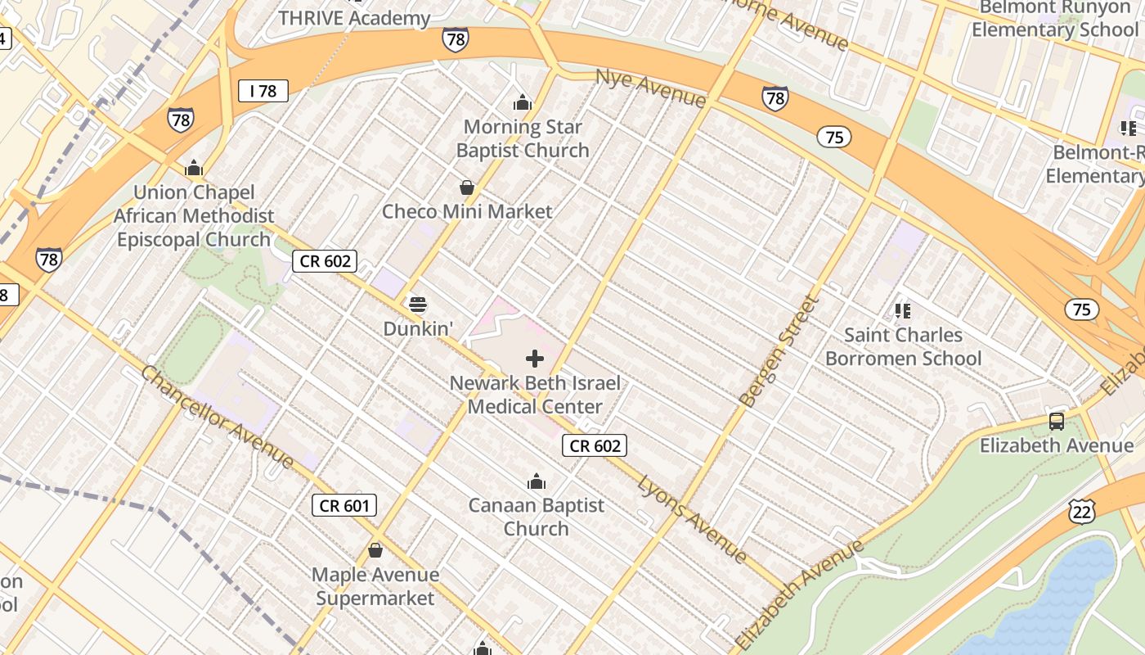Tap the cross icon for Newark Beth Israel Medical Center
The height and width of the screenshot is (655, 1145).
click(535, 359)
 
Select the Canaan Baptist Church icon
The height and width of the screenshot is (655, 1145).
click(537, 481)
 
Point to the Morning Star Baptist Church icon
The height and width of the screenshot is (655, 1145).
click(522, 103)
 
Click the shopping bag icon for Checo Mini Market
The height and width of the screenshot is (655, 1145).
click(467, 188)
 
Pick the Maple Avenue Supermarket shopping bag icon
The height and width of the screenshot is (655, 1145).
click(375, 550)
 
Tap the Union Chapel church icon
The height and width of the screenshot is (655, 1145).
click(194, 169)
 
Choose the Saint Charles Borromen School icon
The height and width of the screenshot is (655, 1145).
click(903, 310)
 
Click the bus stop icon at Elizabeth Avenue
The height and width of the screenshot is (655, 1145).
click(1057, 422)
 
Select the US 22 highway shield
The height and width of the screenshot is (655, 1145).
click(1081, 511)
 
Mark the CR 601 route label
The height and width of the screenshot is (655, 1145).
click(344, 505)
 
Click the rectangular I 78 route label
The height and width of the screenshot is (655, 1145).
click(263, 91)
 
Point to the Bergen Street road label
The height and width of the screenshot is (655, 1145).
click(779, 351)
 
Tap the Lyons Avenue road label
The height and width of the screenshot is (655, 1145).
click(692, 519)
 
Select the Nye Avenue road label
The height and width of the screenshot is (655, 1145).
click(651, 88)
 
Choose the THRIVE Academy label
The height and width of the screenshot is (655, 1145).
click(354, 18)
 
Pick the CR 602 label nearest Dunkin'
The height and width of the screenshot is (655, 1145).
click(325, 261)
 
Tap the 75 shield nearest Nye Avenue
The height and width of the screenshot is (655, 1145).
click(833, 137)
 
